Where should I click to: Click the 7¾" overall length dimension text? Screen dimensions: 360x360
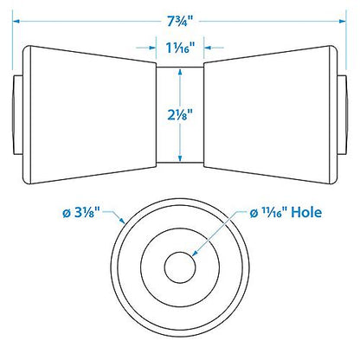[x=180, y=22]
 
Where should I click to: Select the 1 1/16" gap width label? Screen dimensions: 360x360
[x=180, y=48]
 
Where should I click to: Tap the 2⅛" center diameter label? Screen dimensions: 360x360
[x=180, y=115]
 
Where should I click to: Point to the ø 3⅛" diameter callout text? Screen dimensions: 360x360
[x=81, y=213]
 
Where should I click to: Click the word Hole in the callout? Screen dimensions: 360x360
[x=306, y=212]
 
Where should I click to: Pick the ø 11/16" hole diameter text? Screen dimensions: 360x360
[x=268, y=213]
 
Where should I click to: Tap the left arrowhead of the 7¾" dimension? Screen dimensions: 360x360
[x=16, y=21]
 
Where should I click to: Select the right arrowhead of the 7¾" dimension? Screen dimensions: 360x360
[x=343, y=21]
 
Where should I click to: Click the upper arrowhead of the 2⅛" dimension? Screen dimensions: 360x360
[x=180, y=71]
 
